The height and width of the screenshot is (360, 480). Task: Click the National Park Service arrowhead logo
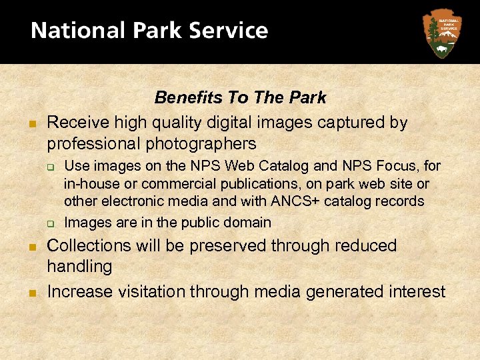click(x=441, y=33)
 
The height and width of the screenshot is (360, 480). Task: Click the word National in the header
click(x=71, y=31)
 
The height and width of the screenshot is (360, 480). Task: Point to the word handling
click(x=79, y=267)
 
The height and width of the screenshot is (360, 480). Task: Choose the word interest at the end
click(x=418, y=291)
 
